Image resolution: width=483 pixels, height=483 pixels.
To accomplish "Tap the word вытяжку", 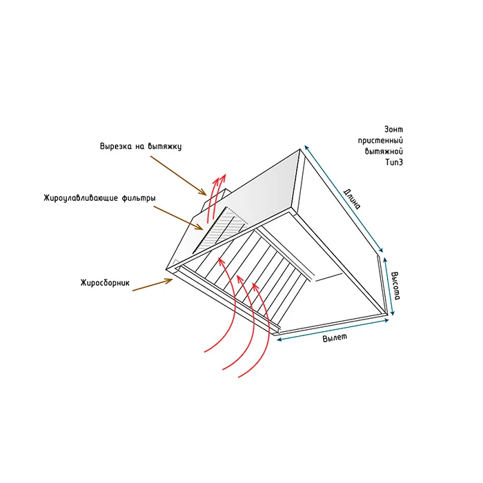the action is (x=165, y=146).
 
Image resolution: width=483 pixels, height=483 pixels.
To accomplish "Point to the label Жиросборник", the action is (x=105, y=283).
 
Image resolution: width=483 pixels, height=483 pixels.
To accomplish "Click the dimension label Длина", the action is (x=352, y=199).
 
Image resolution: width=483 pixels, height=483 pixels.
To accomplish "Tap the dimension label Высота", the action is (x=395, y=286).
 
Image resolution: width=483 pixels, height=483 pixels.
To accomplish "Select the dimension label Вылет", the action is (x=335, y=337).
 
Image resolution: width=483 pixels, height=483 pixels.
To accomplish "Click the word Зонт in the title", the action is (x=394, y=130).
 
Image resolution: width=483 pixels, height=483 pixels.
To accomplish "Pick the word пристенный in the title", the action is (x=380, y=141).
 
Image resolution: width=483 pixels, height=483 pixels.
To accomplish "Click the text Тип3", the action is (x=394, y=162).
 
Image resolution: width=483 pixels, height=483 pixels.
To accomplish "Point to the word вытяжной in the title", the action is (x=384, y=151).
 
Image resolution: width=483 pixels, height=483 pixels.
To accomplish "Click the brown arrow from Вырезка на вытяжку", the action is (x=178, y=175).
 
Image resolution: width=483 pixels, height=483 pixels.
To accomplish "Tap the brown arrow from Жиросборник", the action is (x=152, y=284).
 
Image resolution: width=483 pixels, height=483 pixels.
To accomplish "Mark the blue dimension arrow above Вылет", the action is (x=333, y=330).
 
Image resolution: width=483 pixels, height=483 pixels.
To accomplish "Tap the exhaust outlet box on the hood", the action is (x=215, y=200).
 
